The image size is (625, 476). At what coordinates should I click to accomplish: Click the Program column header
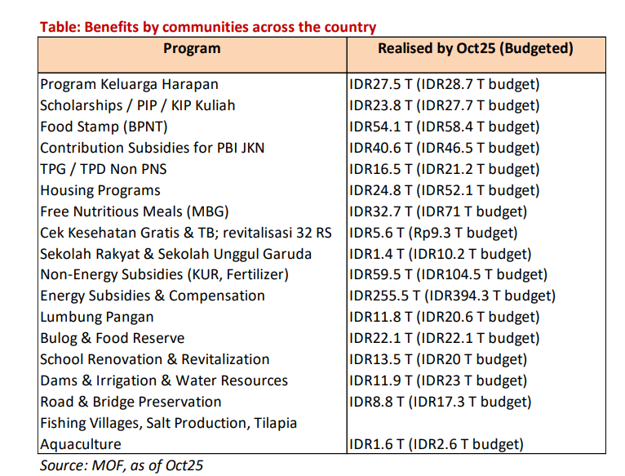pyautogui.click(x=192, y=49)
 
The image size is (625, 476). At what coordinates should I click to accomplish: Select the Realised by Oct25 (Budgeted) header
pyautogui.click(x=475, y=49)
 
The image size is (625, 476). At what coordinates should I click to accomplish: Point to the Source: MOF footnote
pyautogui.click(x=122, y=465)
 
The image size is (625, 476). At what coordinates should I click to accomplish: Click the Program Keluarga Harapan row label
pyautogui.click(x=129, y=84)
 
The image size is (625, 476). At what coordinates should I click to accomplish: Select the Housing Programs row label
pyautogui.click(x=100, y=190)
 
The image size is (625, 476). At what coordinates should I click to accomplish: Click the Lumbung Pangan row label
pyautogui.click(x=97, y=317)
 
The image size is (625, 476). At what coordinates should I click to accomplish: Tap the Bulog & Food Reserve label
pyautogui.click(x=113, y=338)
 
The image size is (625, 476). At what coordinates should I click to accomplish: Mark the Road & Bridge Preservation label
pyautogui.click(x=131, y=402)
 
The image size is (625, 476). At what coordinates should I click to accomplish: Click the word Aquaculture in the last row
pyautogui.click(x=81, y=444)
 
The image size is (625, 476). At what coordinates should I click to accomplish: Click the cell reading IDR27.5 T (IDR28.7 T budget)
pyautogui.click(x=444, y=84)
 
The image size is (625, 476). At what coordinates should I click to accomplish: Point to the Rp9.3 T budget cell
pyautogui.click(x=433, y=233)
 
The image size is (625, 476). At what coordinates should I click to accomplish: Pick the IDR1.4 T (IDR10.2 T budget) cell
pyautogui.click(x=440, y=254)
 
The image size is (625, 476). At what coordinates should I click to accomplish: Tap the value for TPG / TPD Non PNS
pyautogui.click(x=444, y=169)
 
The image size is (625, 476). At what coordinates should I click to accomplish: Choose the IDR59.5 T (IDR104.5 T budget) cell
pyautogui.click(x=448, y=274)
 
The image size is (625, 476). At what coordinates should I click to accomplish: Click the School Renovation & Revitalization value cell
pyautogui.click(x=437, y=359)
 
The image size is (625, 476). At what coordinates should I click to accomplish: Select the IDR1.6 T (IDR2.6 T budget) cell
pyautogui.click(x=436, y=444)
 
